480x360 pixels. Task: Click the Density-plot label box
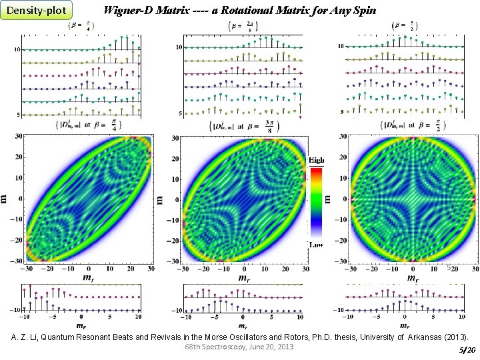36,11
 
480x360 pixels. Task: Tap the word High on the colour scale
317,161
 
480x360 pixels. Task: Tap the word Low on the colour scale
317,245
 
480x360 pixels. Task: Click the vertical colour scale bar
316,203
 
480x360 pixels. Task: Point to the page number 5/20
467,350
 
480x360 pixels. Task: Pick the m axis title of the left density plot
5,198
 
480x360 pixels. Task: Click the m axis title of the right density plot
327,198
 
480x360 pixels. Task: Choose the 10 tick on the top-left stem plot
17,50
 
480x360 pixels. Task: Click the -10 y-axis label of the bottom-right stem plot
337,310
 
